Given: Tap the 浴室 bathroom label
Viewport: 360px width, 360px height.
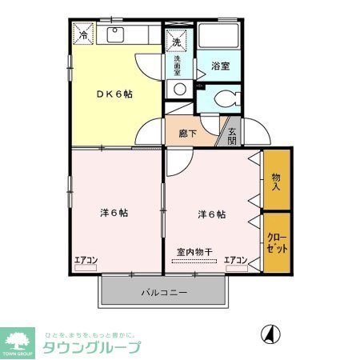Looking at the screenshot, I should pos(220,66).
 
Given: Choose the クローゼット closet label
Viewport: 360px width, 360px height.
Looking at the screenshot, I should pos(276,242).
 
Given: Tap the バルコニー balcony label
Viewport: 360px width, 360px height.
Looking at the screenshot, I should pos(164,294).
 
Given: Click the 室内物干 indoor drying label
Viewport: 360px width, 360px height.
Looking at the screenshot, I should pos(194,252).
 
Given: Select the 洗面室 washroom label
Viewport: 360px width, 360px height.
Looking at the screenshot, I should pos(178,64).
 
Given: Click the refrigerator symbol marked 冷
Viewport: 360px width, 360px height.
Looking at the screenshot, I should pos(84,35).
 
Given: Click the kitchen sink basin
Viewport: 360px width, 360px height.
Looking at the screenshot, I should pos(114,34).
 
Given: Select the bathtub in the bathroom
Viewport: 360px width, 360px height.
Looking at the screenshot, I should pos(218,38).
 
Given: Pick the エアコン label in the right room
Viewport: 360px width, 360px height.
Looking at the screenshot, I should pos(235,259).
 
